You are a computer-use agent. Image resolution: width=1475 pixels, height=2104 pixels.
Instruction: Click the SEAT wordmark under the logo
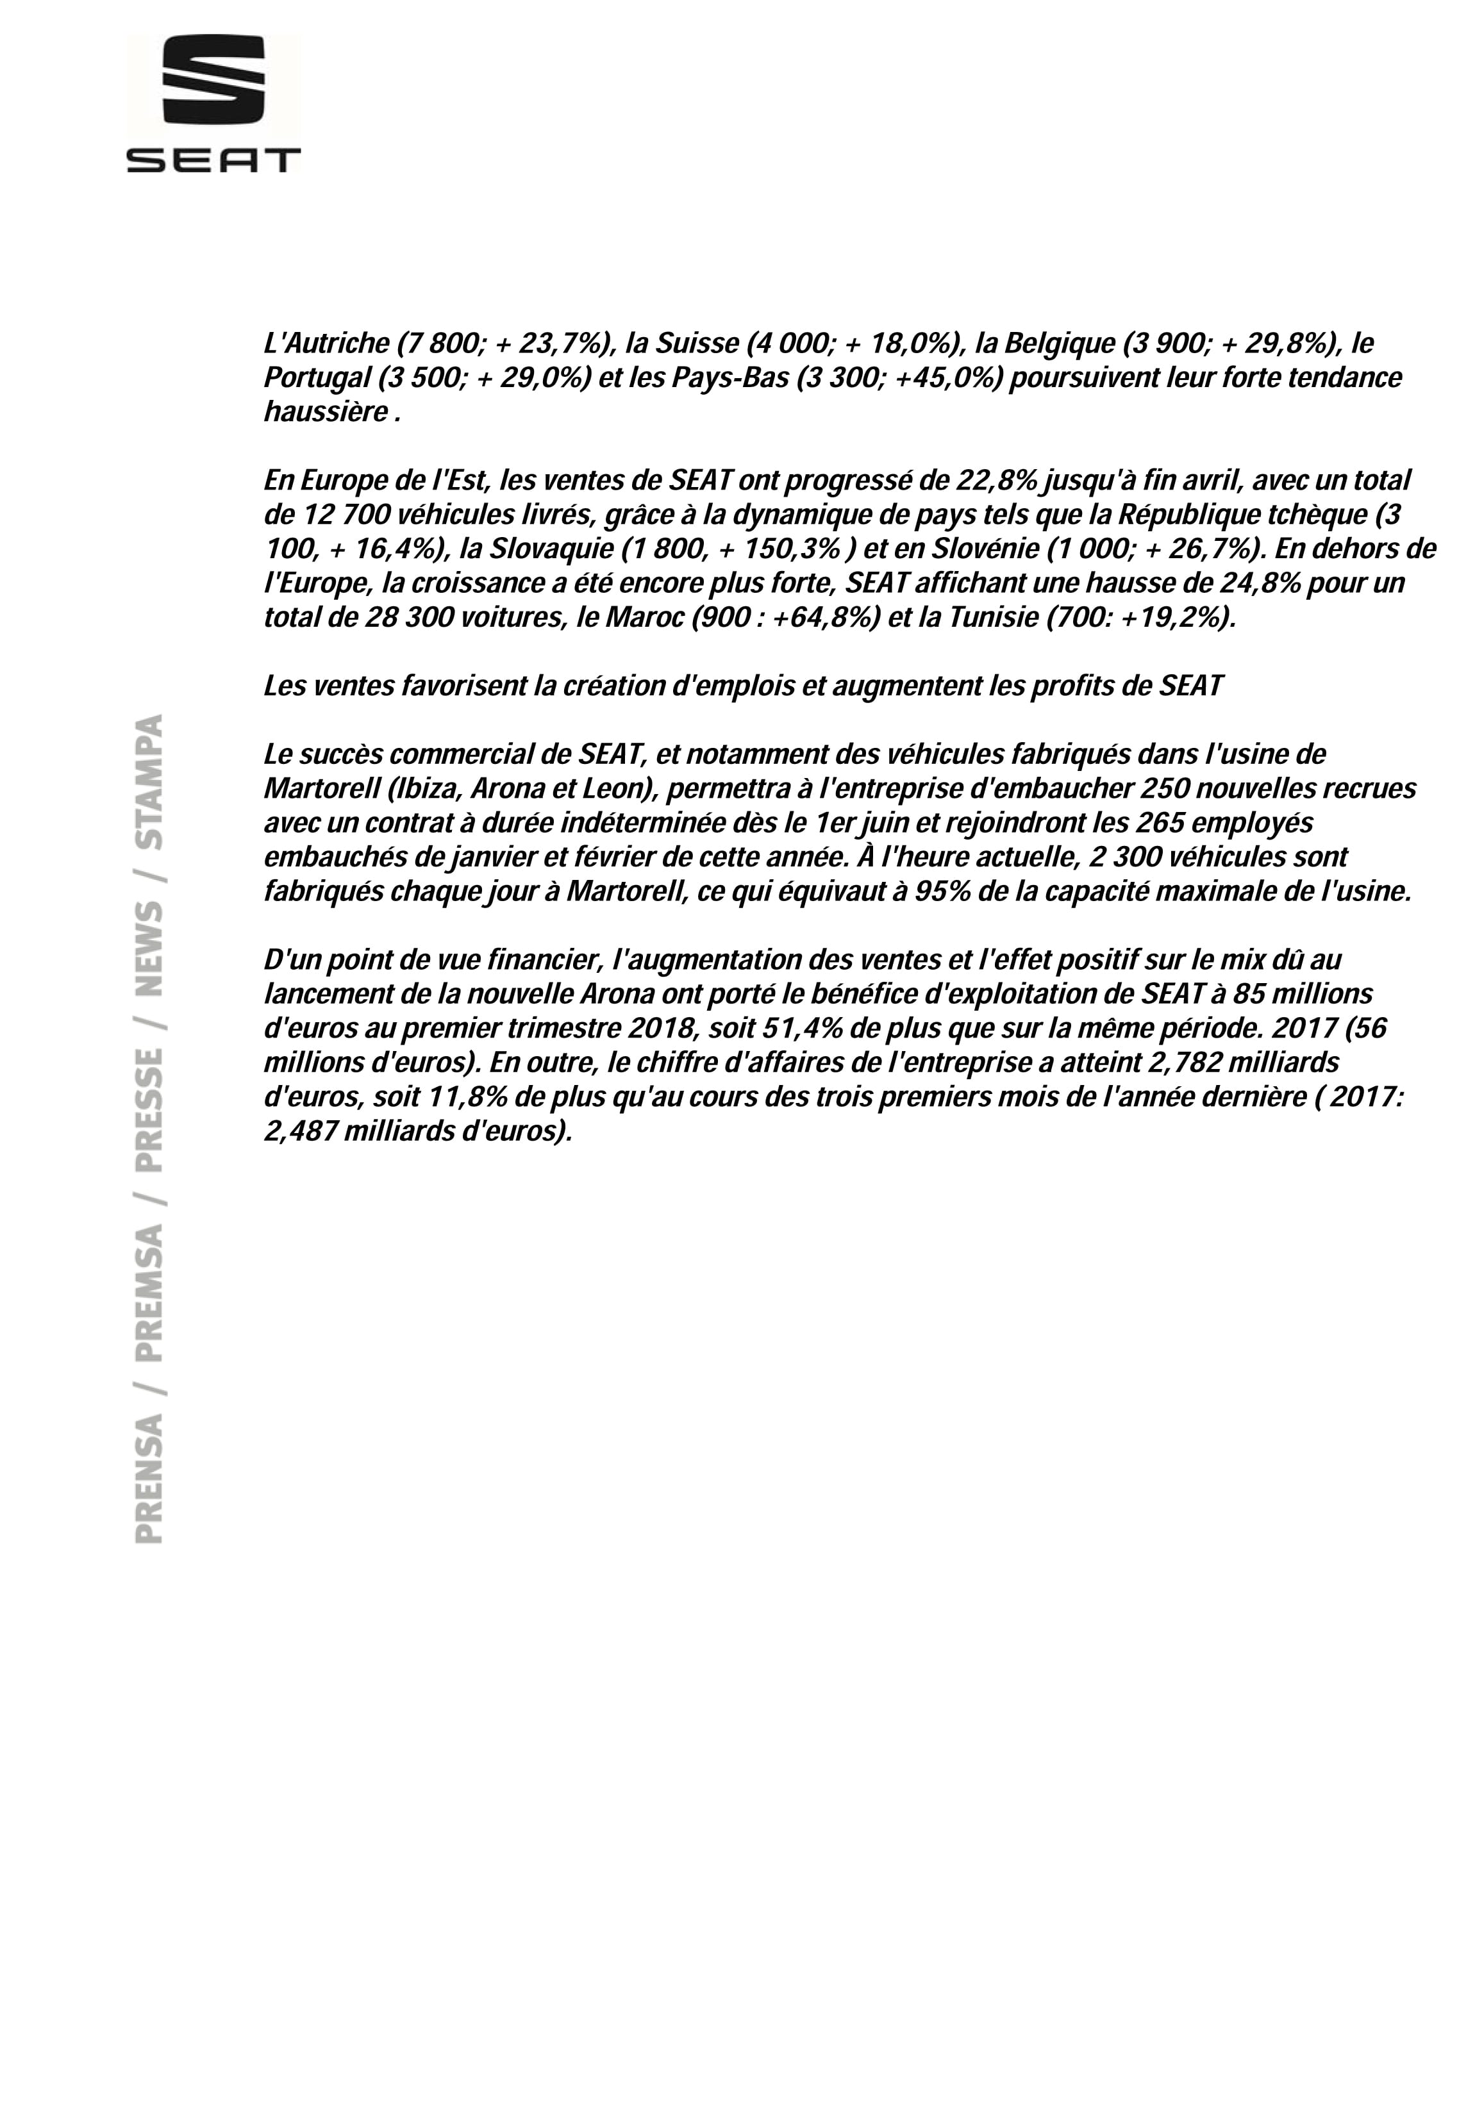point(213,162)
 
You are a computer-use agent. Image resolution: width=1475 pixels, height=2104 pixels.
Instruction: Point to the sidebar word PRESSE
point(149,1111)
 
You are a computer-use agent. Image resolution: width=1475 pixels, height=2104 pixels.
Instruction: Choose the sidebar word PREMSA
point(149,1293)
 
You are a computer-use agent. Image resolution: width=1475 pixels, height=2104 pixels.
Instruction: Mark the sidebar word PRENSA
point(149,1477)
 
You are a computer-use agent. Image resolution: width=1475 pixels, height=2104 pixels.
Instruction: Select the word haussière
point(326,412)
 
